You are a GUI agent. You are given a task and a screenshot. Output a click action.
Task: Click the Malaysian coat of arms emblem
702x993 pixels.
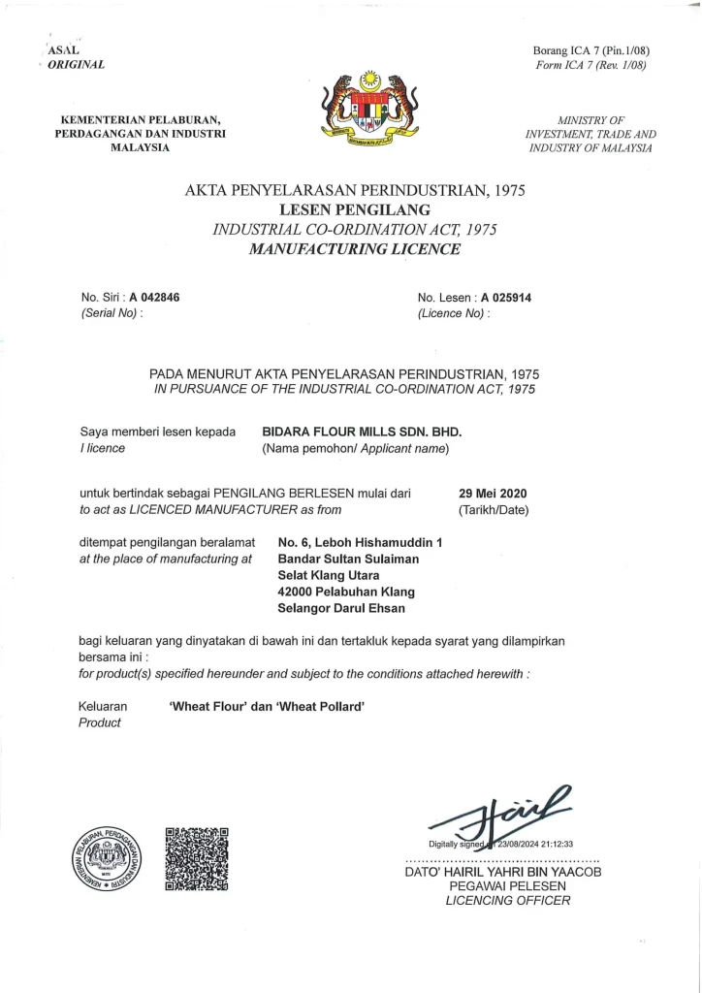click(x=369, y=110)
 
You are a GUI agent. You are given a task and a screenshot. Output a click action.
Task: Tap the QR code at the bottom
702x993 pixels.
click(x=197, y=858)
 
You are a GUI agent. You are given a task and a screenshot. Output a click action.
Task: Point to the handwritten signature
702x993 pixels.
click(x=504, y=816)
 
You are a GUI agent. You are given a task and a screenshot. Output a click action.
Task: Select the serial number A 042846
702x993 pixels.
click(x=154, y=298)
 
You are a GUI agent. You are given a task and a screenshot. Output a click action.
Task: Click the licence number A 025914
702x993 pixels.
click(x=505, y=298)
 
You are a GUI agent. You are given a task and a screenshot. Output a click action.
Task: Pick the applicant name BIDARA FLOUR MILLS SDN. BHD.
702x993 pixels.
click(x=363, y=432)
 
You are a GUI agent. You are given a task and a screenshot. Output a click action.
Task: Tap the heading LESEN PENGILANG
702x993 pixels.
click(x=354, y=209)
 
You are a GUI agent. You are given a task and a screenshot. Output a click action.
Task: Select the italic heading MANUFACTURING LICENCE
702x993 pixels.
click(x=354, y=249)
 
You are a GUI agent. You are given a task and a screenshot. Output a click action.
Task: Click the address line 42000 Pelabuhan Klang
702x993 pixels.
click(x=346, y=592)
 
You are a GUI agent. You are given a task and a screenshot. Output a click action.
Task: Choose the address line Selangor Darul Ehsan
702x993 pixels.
click(x=341, y=608)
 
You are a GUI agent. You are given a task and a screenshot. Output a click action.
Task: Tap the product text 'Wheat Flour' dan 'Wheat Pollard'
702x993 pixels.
click(x=267, y=707)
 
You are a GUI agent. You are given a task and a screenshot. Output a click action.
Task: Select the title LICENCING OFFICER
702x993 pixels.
click(x=508, y=900)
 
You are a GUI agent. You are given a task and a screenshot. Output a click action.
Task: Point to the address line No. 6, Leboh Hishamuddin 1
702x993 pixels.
click(x=360, y=542)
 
